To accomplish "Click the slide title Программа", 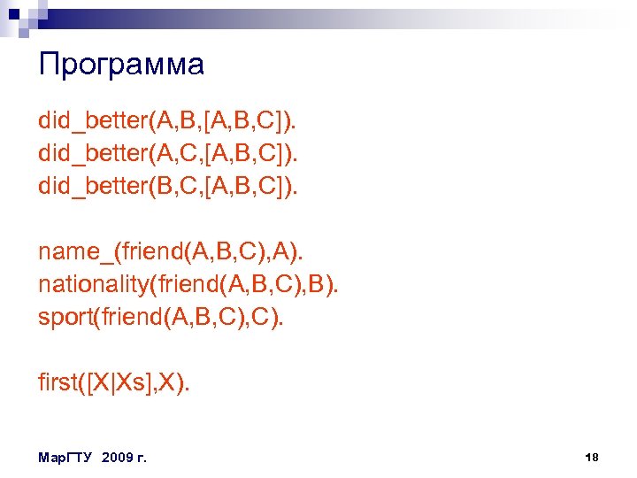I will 121,64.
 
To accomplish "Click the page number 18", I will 592,457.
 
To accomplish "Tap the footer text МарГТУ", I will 66,458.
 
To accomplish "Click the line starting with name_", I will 170,251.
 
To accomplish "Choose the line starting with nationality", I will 188,285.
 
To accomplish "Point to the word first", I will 58,382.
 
